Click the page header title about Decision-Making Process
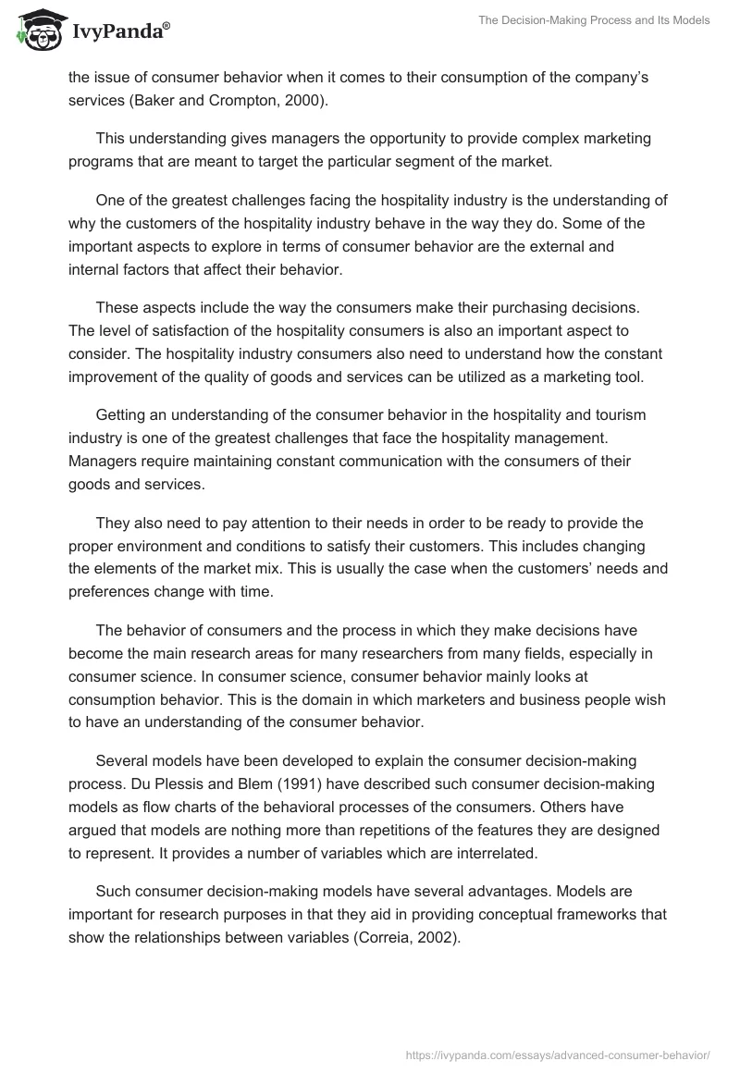tap(593, 20)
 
